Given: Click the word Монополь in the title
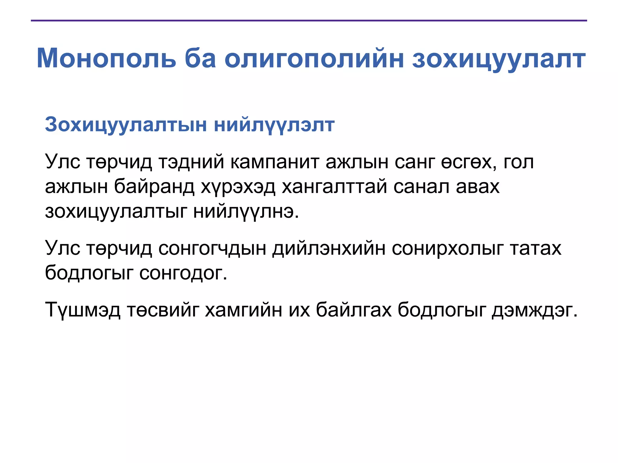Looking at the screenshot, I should point(106,58).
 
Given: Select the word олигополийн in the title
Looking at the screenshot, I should point(314,59).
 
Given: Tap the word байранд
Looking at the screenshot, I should point(154,187).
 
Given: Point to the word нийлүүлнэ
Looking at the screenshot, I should point(246,212).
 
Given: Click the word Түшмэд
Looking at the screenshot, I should point(83,310).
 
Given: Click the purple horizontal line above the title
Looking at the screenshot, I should point(309,20).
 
